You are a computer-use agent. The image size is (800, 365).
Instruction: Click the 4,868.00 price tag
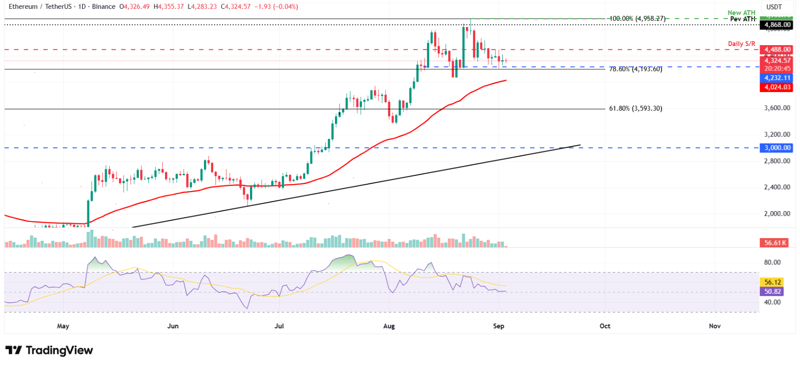point(776,25)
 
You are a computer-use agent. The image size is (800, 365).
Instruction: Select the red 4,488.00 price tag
point(776,49)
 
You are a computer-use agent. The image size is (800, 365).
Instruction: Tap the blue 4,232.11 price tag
point(776,78)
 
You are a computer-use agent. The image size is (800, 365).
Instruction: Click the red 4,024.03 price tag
point(776,87)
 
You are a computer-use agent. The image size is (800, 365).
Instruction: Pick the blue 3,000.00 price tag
point(776,148)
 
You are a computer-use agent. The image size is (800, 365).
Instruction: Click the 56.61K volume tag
point(774,243)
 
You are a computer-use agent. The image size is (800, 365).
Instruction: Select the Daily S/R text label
point(741,44)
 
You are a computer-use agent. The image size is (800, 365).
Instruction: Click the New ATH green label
point(741,13)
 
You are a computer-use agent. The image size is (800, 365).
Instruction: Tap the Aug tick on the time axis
point(389,326)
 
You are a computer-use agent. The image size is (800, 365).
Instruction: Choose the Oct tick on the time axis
point(605,326)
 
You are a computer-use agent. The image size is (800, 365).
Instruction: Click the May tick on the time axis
point(63,326)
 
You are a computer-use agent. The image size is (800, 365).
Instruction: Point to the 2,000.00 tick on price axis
point(777,214)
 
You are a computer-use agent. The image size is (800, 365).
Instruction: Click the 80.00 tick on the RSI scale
point(772,262)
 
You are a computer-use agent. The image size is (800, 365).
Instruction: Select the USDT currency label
point(774,7)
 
